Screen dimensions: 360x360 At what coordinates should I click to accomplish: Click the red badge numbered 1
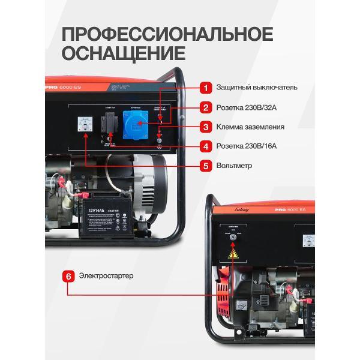(x=205, y=88)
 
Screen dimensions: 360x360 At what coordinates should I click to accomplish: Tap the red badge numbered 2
(x=205, y=107)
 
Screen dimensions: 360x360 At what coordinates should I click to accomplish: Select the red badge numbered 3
(x=205, y=127)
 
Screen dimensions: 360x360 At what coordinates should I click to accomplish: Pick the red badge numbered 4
(x=205, y=146)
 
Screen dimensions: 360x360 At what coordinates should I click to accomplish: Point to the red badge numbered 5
(x=205, y=165)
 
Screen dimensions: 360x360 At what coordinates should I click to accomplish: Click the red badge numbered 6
(x=68, y=276)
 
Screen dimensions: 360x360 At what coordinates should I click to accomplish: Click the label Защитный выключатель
(x=257, y=88)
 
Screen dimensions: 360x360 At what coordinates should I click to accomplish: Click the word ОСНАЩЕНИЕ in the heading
(x=124, y=54)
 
